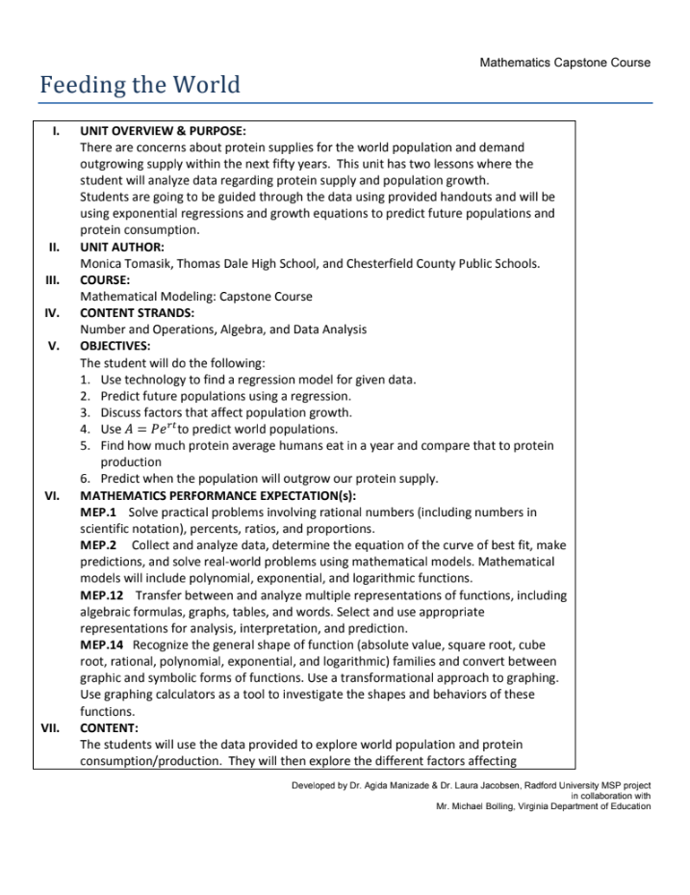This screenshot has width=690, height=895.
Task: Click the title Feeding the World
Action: [140, 86]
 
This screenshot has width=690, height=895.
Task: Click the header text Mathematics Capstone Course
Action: [564, 63]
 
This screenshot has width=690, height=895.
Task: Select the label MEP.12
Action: [102, 594]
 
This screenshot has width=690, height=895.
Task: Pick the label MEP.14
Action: [102, 644]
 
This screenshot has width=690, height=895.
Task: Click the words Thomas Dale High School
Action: [266, 263]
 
